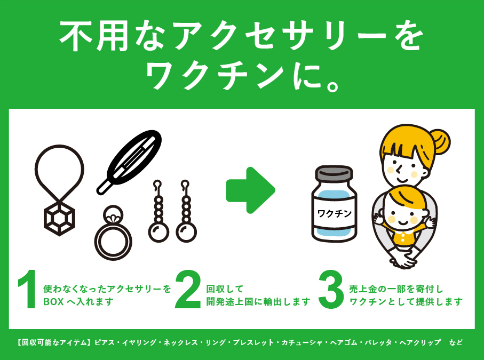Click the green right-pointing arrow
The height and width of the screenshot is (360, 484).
point(250,190)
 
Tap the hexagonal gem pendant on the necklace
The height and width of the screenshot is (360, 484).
point(60,218)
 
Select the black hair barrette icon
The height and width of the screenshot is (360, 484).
point(129,162)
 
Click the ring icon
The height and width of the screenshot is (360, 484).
point(113,233)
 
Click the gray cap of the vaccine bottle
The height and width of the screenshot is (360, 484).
point(334,173)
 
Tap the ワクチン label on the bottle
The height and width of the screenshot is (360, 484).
point(335,213)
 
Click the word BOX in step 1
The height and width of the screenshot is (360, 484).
point(53,302)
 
